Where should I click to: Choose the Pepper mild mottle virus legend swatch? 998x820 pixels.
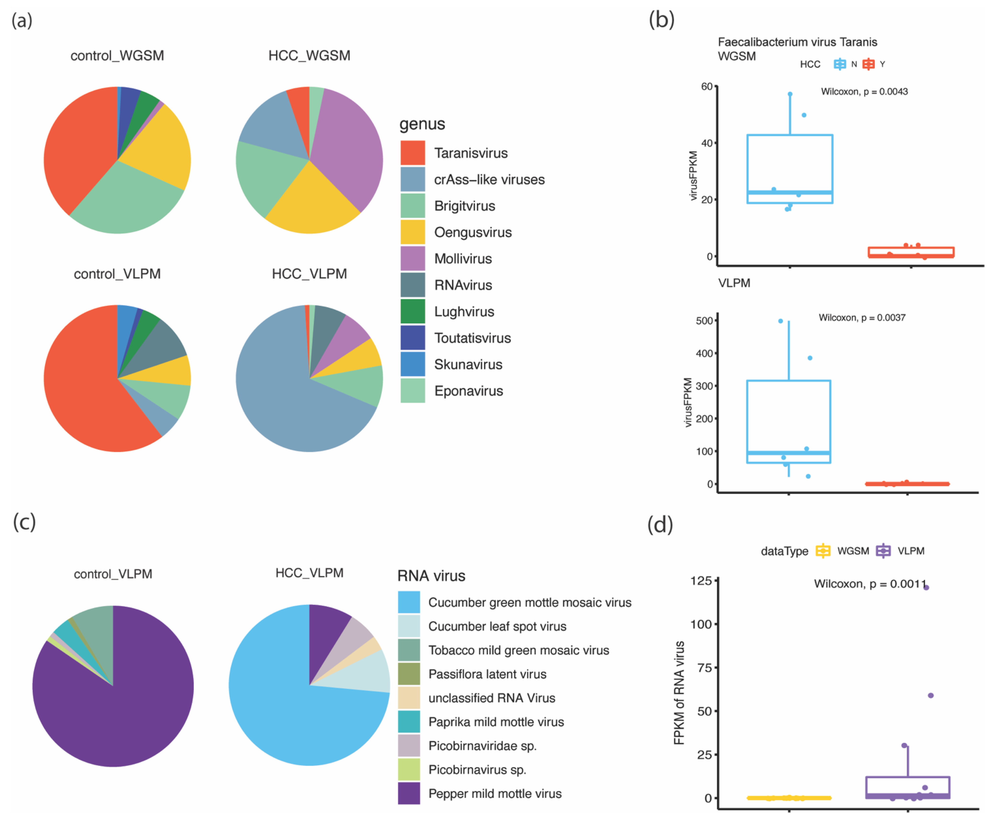pos(409,793)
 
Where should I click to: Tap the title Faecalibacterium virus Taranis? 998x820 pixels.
pos(797,42)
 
